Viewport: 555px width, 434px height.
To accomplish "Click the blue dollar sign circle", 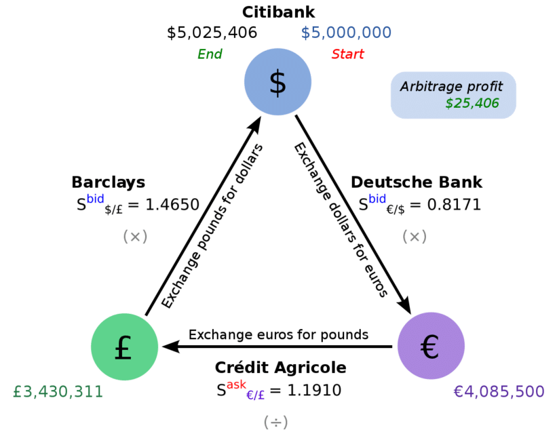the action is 278,81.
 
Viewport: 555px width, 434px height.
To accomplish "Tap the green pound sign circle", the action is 125,347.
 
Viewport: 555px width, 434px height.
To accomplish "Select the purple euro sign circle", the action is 431,346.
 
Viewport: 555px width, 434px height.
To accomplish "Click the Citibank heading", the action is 278,12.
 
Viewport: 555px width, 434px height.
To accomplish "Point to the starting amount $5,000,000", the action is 346,33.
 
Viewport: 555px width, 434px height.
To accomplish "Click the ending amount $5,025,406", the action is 212,33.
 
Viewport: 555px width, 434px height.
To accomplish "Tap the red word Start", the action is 347,54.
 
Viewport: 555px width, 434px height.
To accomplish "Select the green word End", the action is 210,54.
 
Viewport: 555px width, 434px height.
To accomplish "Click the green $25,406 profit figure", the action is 472,103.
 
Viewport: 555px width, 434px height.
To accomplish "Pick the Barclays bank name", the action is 109,182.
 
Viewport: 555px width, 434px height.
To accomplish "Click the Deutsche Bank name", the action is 417,182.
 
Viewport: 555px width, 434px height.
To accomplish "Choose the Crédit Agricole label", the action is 280,368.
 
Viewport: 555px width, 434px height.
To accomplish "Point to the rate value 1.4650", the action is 172,205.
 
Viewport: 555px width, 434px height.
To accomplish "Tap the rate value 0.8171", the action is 454,205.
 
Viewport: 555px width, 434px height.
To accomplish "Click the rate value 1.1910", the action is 314,391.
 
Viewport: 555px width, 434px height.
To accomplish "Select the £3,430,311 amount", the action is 58,391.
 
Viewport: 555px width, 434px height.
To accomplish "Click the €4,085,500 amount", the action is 499,391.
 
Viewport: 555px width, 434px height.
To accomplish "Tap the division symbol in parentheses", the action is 275,422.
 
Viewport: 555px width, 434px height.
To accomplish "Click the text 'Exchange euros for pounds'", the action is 278,334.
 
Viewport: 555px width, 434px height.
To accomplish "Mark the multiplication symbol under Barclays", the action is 135,237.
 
